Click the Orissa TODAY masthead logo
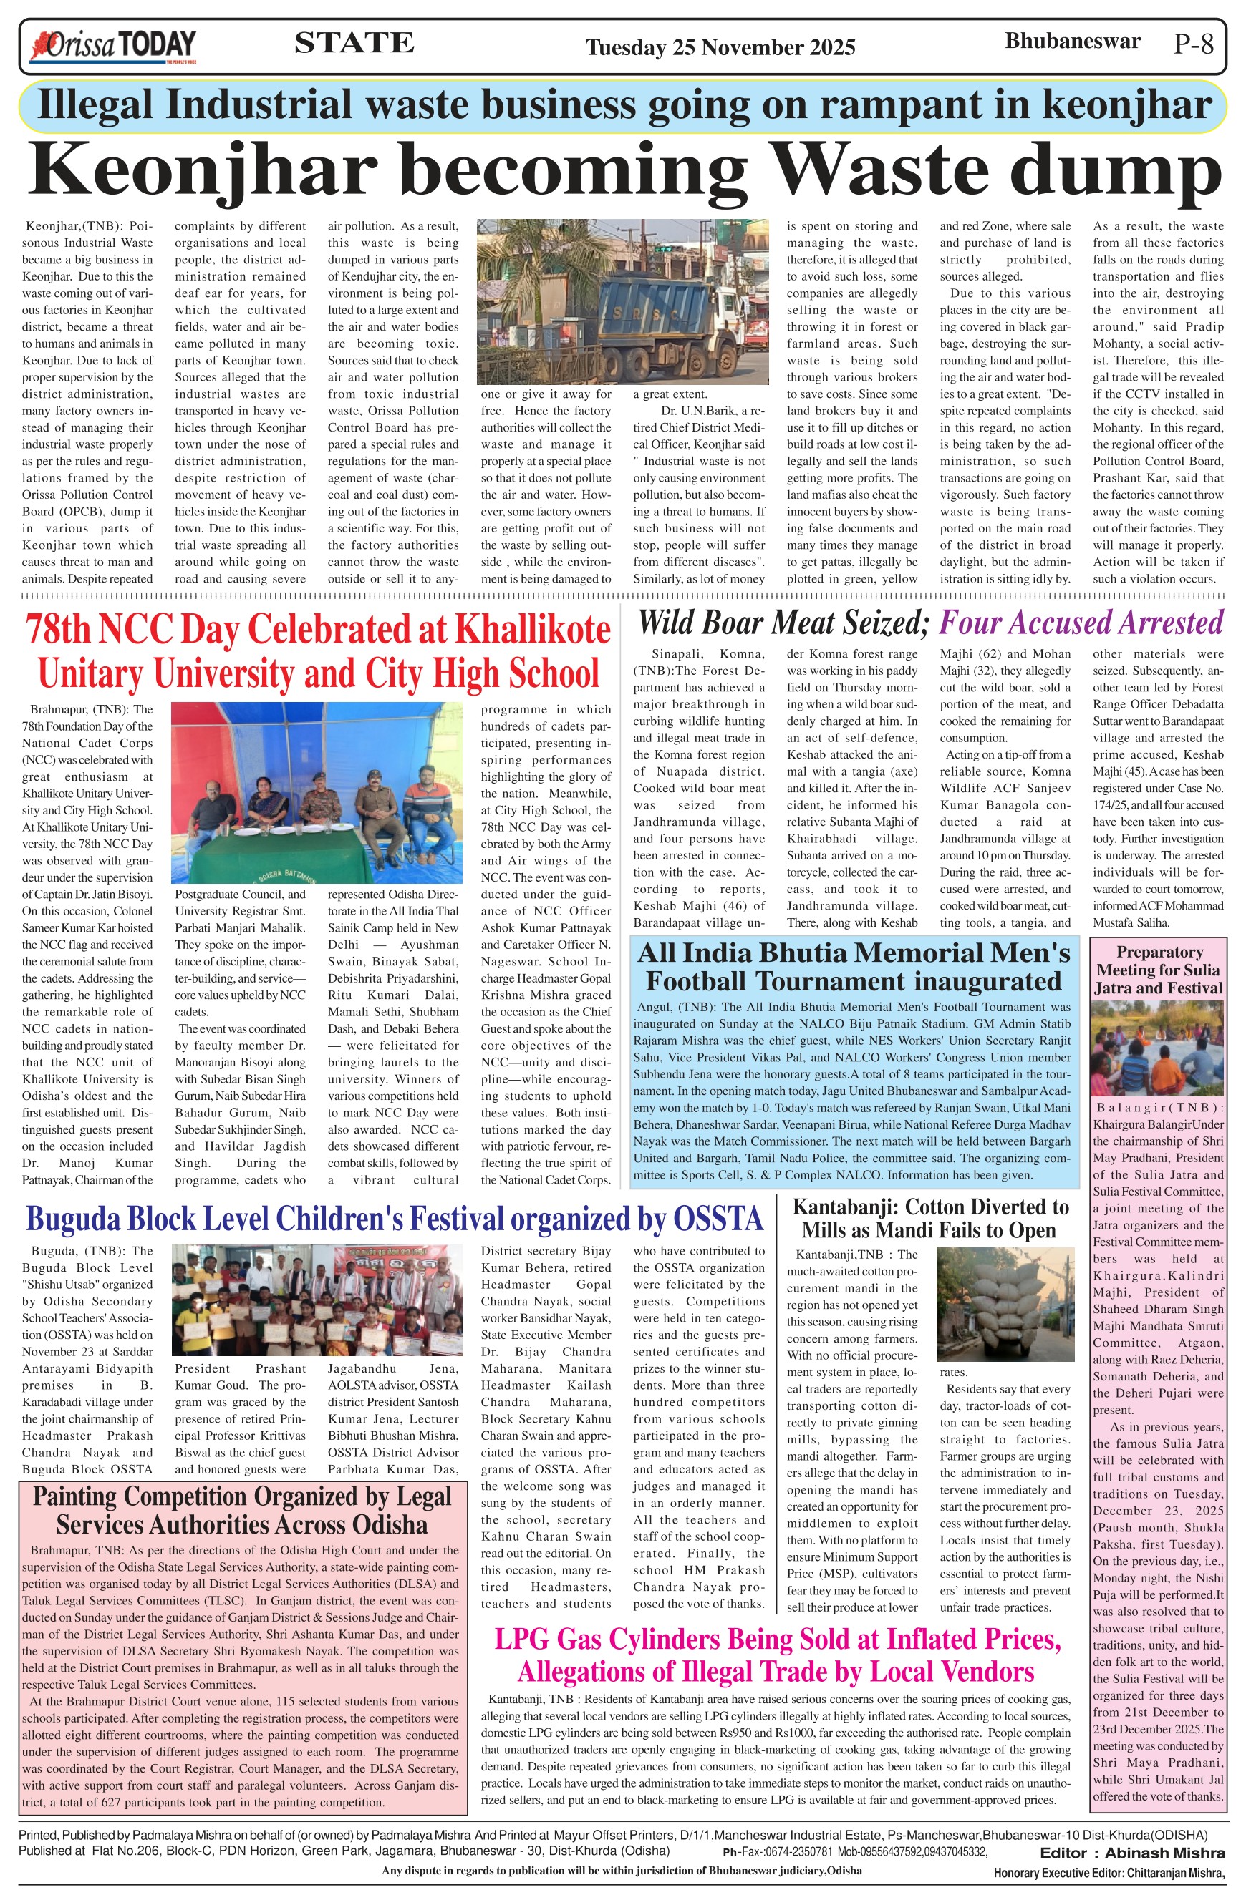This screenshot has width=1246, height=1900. pyautogui.click(x=112, y=47)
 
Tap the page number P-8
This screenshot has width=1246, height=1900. pyautogui.click(x=1193, y=44)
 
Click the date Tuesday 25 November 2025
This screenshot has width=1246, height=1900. pyautogui.click(x=720, y=48)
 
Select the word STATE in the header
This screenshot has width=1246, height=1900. pyautogui.click(x=354, y=43)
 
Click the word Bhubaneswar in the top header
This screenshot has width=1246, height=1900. pyautogui.click(x=1072, y=41)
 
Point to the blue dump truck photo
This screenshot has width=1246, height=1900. pyautogui.click(x=619, y=302)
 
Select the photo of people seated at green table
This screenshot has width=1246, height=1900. pyautogui.click(x=317, y=792)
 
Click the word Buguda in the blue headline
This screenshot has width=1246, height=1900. pyautogui.click(x=74, y=1219)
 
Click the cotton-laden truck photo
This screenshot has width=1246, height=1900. pyautogui.click(x=1004, y=1303)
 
